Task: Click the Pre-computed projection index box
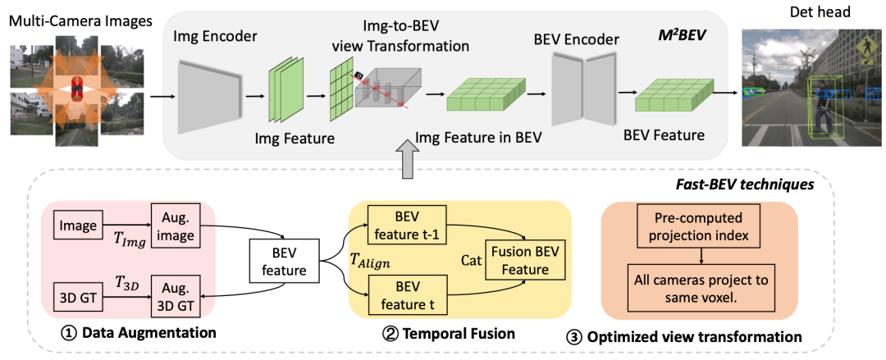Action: click(699, 227)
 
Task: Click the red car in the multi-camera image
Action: click(77, 89)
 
